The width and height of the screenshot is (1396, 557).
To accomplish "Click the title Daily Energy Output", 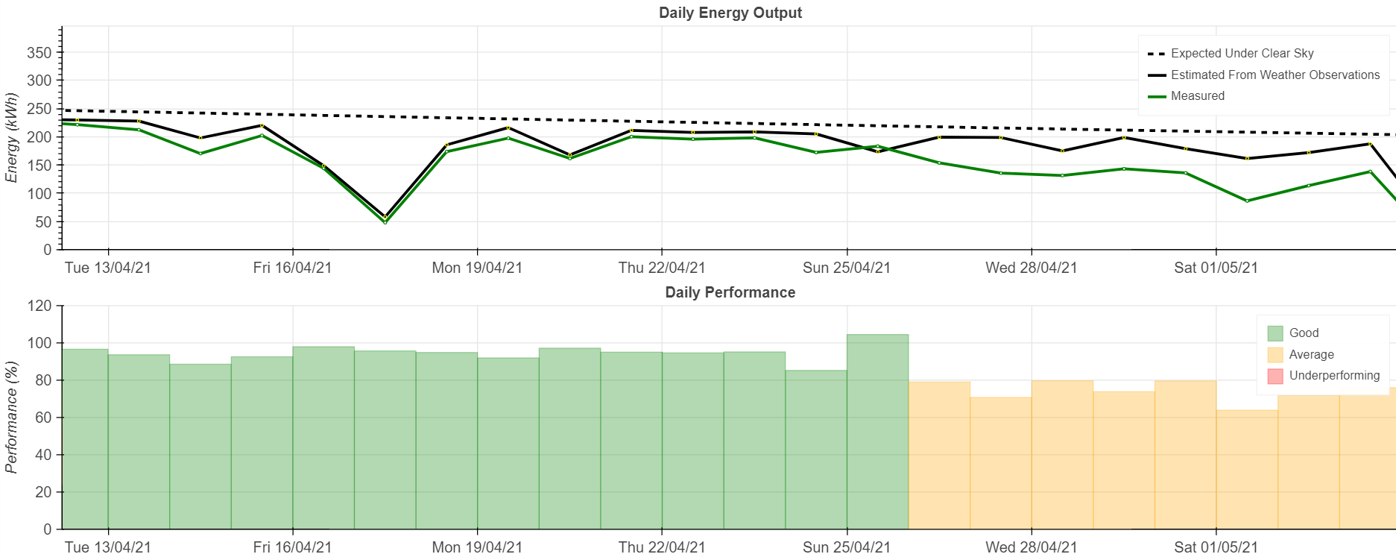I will [730, 13].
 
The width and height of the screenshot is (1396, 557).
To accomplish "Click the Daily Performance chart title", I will [730, 292].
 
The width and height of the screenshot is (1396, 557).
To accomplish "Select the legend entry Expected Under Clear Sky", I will [1242, 54].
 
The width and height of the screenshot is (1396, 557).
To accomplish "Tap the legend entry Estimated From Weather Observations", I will [1275, 75].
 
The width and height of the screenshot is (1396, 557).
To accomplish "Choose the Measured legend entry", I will [1197, 96].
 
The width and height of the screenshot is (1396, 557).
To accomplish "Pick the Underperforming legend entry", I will [1333, 376].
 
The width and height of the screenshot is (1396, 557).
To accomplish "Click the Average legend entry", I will [1311, 355].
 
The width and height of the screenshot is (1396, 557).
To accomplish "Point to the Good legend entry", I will [1304, 333].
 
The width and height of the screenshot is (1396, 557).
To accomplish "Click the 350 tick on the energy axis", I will [40, 53].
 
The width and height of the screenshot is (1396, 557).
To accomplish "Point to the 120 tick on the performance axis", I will [40, 306].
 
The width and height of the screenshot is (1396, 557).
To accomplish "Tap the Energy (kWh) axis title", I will [11, 138].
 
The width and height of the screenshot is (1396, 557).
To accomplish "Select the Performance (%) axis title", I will [11, 418].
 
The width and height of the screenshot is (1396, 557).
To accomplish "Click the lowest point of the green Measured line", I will [385, 222].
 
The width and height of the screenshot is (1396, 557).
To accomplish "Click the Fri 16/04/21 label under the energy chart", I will [292, 268].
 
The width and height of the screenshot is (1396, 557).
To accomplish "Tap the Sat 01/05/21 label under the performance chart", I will [1216, 547].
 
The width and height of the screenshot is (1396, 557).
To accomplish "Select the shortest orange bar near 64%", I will [1246, 470].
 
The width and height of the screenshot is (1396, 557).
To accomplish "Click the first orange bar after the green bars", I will [939, 455].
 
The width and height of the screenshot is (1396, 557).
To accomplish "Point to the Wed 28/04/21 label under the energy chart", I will [1031, 268].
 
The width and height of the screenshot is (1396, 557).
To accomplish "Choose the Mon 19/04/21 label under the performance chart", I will [477, 547].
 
